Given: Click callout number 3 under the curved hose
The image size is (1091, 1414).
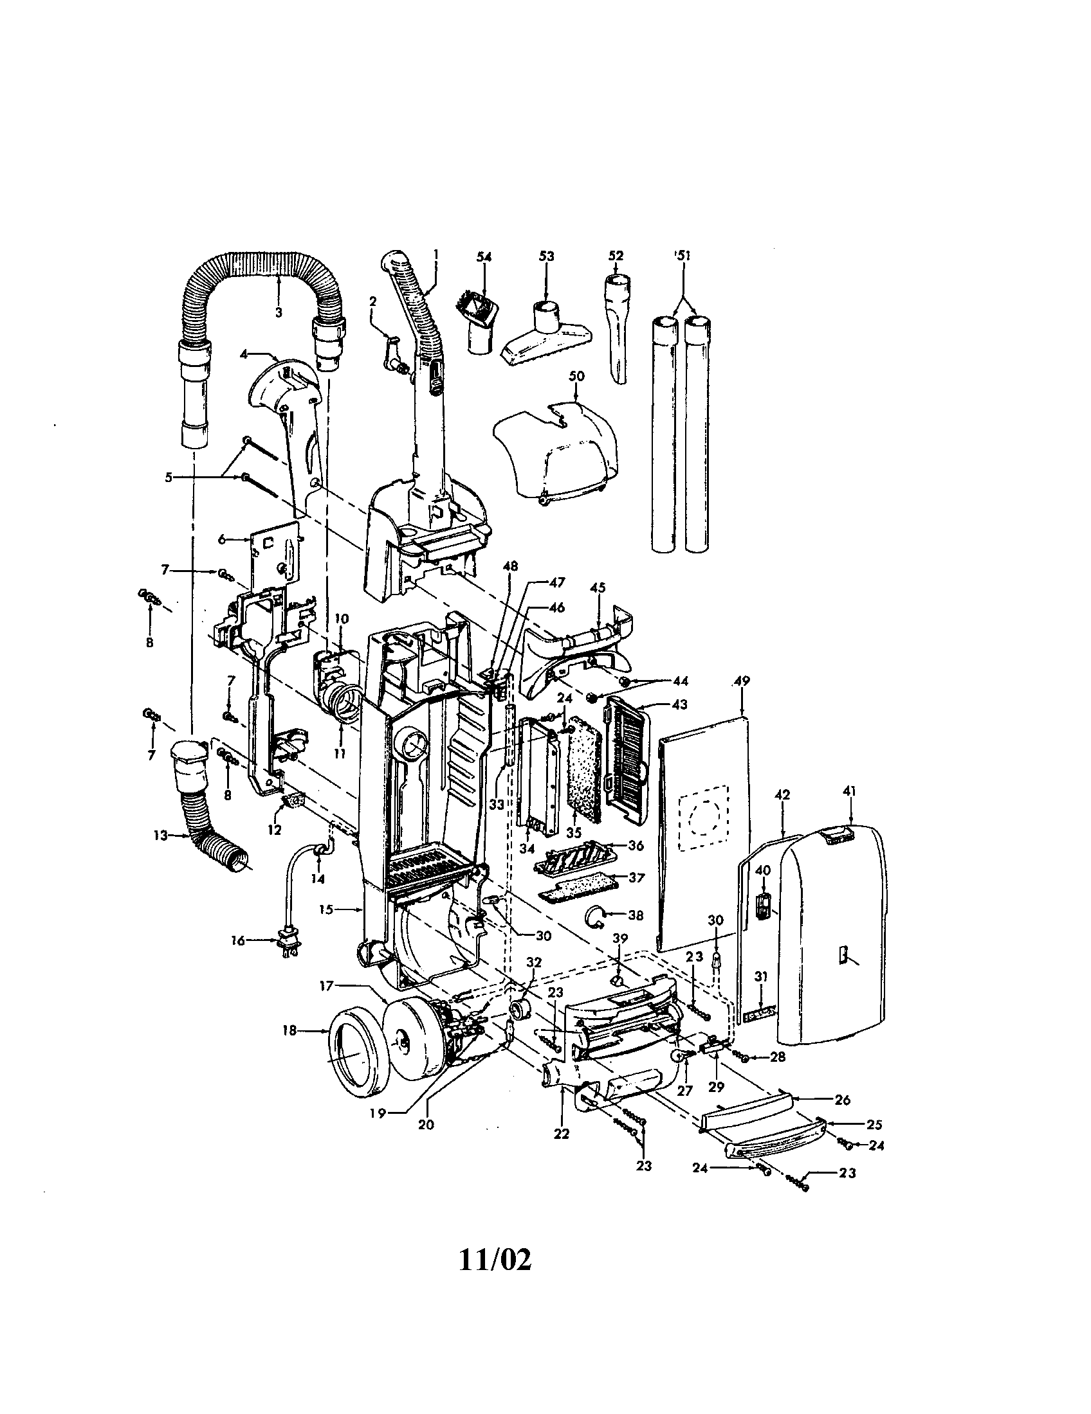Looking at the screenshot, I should [279, 312].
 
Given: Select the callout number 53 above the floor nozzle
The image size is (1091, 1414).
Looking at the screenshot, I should [546, 256].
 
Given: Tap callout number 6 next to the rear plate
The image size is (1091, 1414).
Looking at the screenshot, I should [222, 539].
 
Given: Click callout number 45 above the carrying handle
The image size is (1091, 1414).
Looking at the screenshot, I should [598, 587].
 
